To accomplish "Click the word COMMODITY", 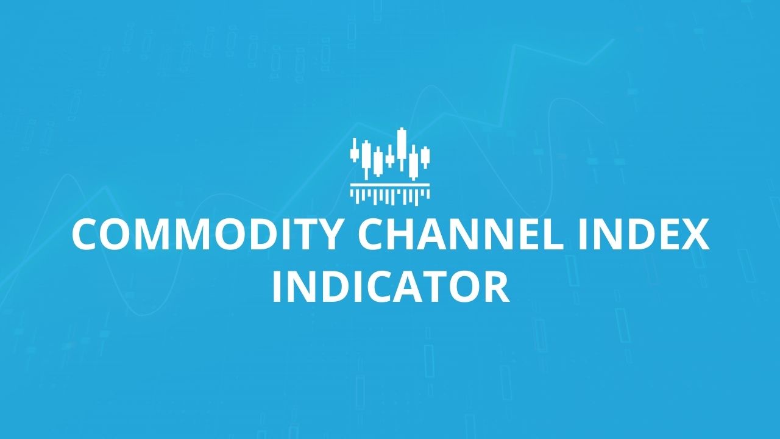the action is tap(206, 234).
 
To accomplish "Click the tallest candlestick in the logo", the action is tap(402, 149).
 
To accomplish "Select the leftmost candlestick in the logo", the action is tap(355, 150).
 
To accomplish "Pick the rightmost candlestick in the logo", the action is tap(425, 157).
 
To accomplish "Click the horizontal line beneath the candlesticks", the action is tap(390, 185).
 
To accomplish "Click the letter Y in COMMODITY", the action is tap(327, 234).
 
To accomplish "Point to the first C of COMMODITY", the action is tap(85, 234).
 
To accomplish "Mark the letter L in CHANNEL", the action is tap(555, 234).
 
